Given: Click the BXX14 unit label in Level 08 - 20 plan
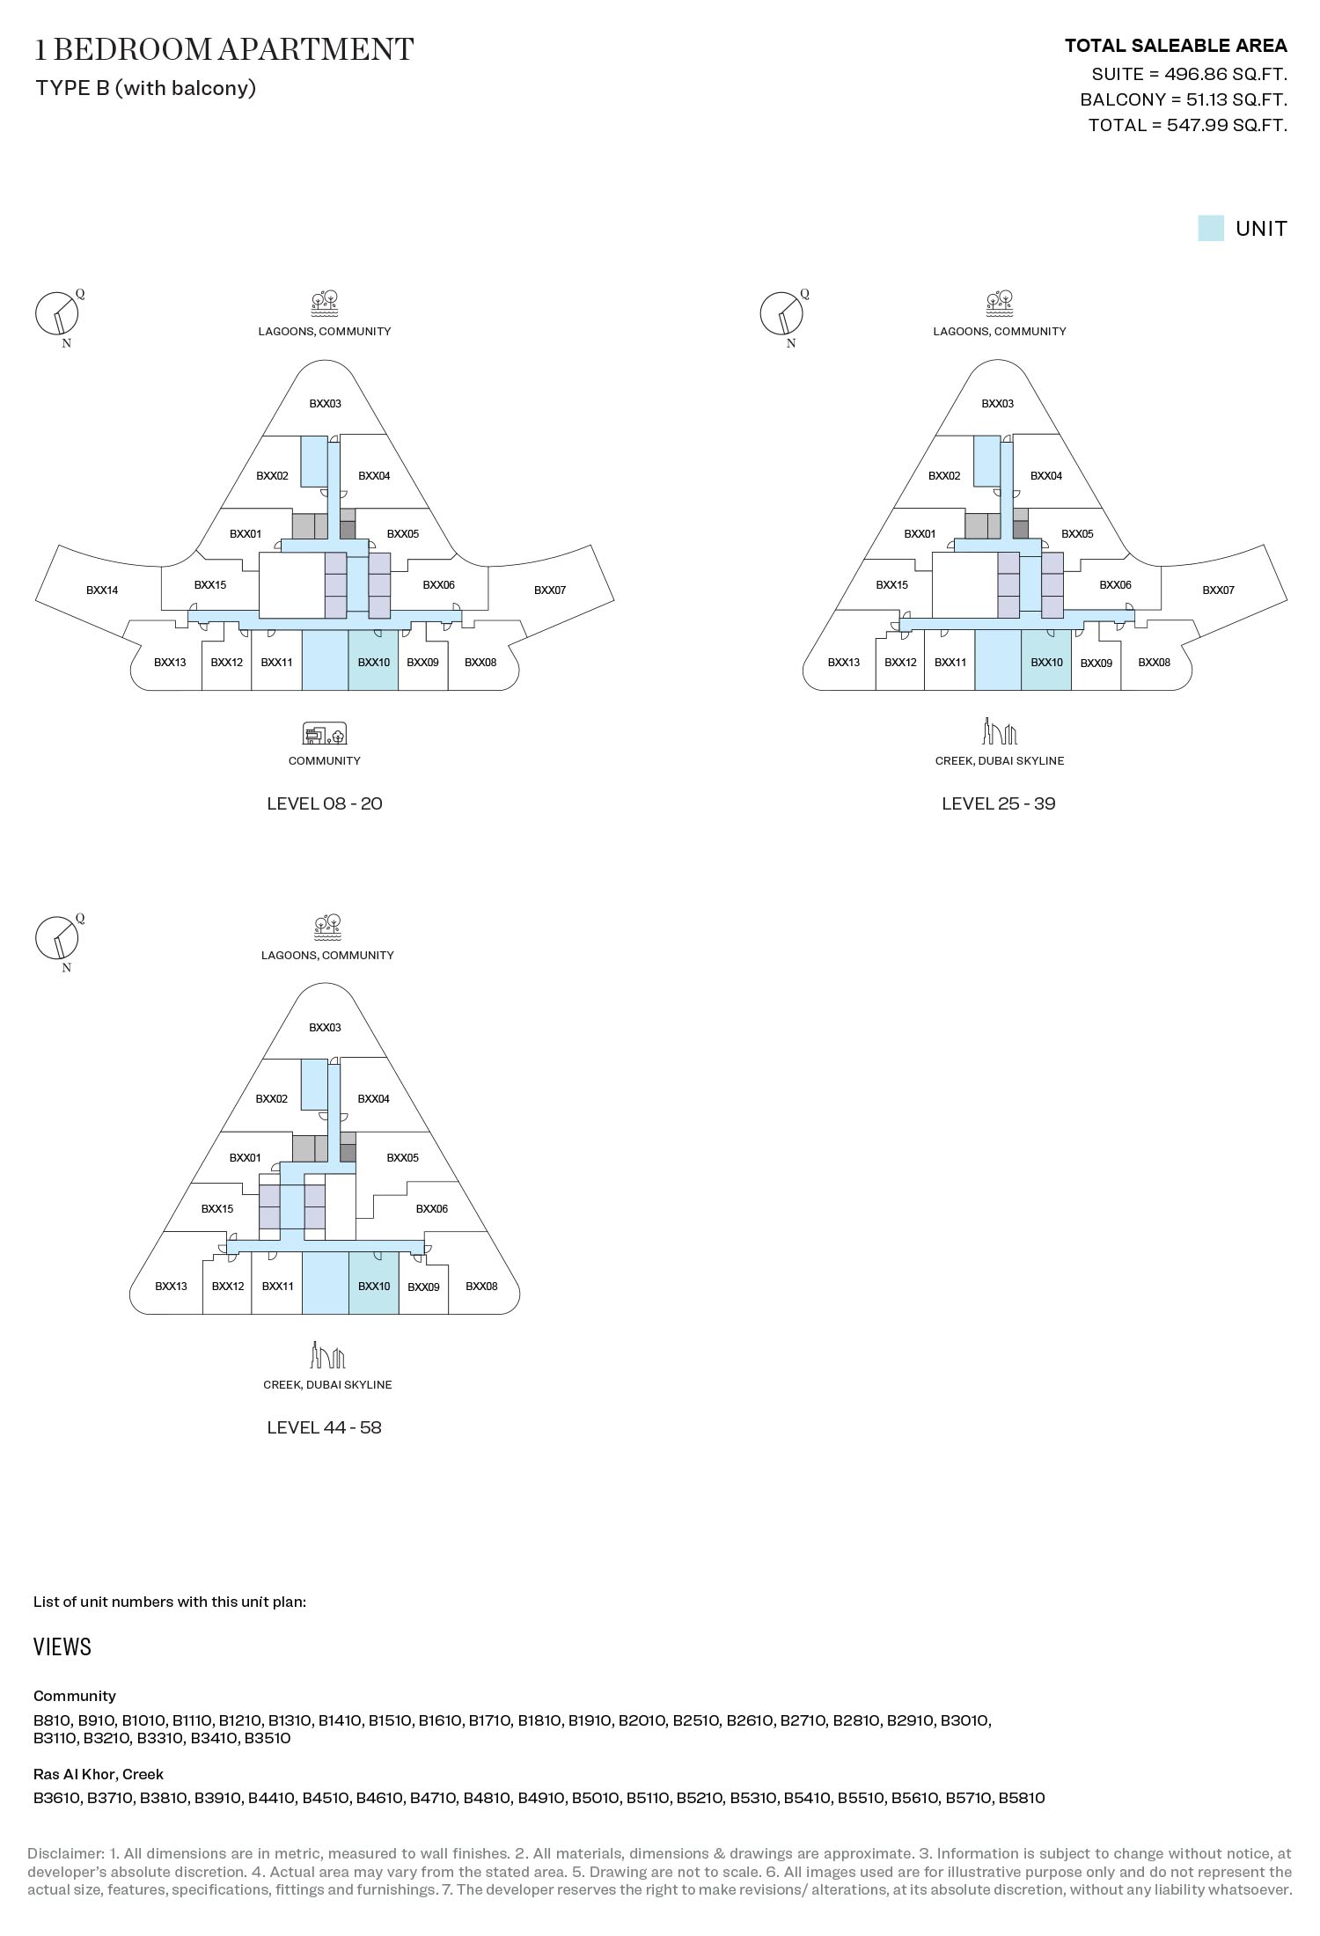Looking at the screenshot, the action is point(102,590).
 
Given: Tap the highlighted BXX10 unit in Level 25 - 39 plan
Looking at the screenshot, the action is point(1046,660).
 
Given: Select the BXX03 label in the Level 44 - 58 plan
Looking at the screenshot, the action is point(325,1028).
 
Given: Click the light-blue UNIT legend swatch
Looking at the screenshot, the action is point(1211,228).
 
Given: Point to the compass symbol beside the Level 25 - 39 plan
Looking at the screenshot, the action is point(781,315).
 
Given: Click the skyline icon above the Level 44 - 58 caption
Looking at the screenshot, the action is point(326,1354).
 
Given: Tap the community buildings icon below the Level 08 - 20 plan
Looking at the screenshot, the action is point(325,733).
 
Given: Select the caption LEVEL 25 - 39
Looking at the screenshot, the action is point(998,803).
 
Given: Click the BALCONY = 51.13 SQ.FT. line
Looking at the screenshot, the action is point(1184,99).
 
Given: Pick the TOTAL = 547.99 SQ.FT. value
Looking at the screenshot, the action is point(1188,125).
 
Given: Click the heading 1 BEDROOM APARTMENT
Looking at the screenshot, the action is point(224,49).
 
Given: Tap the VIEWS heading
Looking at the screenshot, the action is point(62,1647).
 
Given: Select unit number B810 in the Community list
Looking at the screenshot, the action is point(52,1720).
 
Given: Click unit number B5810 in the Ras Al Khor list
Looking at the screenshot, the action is point(1022,1798).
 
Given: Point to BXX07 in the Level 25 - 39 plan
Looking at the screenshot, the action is point(1218,590).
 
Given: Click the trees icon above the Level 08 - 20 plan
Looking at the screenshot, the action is point(325,304).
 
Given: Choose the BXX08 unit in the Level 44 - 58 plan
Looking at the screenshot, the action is point(481,1287).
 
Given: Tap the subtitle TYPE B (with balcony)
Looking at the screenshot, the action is point(146,88).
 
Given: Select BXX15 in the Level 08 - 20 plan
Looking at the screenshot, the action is point(210,585).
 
